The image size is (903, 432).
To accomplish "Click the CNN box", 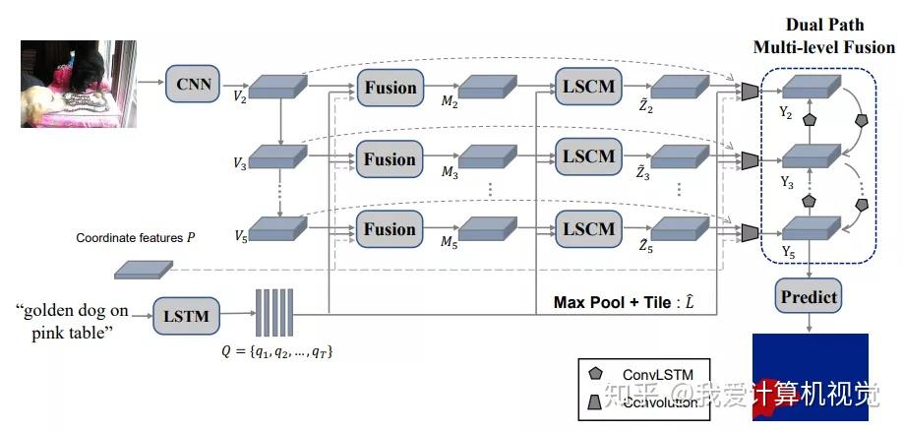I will pyautogui.click(x=194, y=82).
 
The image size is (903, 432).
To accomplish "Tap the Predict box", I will pyautogui.click(x=808, y=296).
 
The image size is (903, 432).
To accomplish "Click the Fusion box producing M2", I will pyautogui.click(x=390, y=88).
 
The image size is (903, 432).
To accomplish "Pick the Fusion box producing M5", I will pyautogui.click(x=390, y=229).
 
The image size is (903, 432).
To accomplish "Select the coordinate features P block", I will pyautogui.click(x=144, y=267).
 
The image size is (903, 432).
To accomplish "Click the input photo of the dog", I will pyautogui.click(x=67, y=84).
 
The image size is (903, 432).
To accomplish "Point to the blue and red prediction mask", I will pyautogui.click(x=810, y=377).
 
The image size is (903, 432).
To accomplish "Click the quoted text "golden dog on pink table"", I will pyautogui.click(x=72, y=320).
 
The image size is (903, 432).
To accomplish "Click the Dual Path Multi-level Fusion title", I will pyautogui.click(x=824, y=36).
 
